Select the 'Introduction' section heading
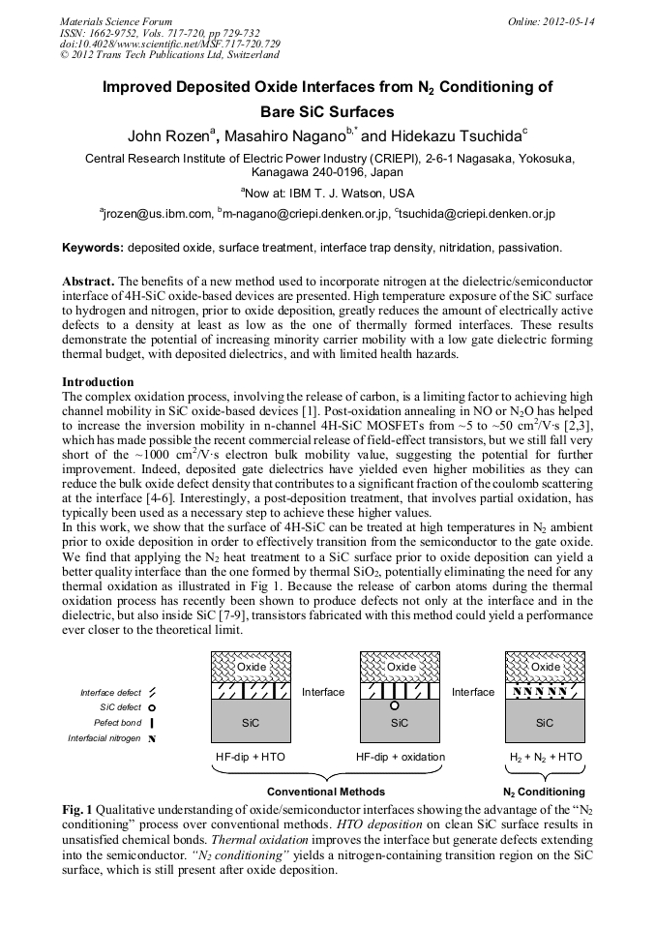pos(98,382)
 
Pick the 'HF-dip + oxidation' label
pos(400,756)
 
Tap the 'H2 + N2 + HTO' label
pos(546,756)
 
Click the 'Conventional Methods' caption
pos(325,791)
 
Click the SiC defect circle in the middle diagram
pos(394,706)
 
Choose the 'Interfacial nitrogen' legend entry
pos(104,738)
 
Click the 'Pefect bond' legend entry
pos(117,723)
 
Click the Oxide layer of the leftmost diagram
pos(251,667)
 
